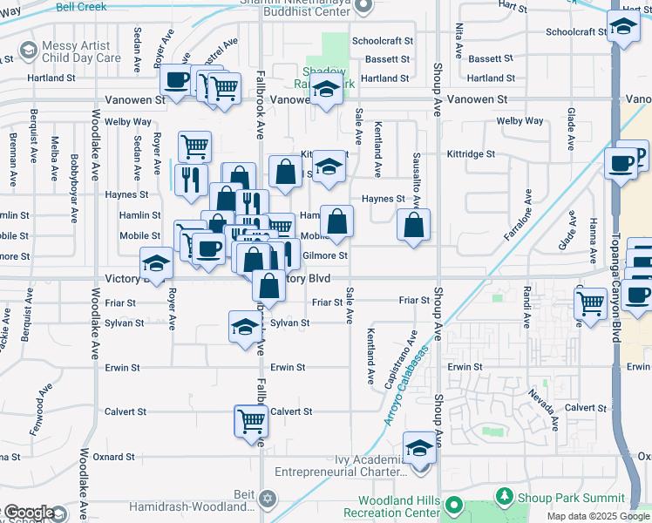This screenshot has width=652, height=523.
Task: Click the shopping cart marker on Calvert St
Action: pyautogui.click(x=251, y=421)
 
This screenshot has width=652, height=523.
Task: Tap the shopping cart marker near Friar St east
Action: pyautogui.click(x=591, y=303)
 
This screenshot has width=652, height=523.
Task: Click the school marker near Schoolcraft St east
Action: pyautogui.click(x=624, y=30)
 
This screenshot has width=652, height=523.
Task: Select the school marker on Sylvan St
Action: pyautogui.click(x=245, y=326)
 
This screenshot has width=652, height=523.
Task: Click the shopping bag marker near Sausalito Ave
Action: pyautogui.click(x=414, y=225)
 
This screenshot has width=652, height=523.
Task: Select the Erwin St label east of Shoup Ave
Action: pyautogui.click(x=465, y=367)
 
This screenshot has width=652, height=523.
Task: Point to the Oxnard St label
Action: pyautogui.click(x=114, y=456)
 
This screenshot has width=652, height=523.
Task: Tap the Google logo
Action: pyautogui.click(x=29, y=513)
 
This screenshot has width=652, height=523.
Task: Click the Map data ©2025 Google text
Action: pyautogui.click(x=598, y=516)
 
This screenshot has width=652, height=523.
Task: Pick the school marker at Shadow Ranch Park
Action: pyautogui.click(x=326, y=91)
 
